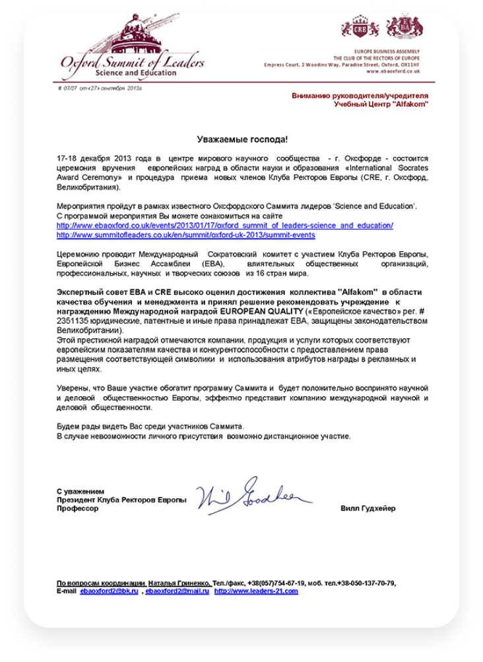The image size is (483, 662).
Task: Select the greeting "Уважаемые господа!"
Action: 243,140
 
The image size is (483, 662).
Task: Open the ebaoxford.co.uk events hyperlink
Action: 225,226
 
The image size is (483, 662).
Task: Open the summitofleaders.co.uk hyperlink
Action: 185,235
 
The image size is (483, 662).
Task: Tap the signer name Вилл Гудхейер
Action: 368,509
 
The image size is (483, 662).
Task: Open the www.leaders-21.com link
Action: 256,591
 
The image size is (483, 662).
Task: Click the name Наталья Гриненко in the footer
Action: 179,583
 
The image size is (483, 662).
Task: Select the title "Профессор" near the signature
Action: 77,509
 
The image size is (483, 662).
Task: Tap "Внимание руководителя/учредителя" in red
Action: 360,96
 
